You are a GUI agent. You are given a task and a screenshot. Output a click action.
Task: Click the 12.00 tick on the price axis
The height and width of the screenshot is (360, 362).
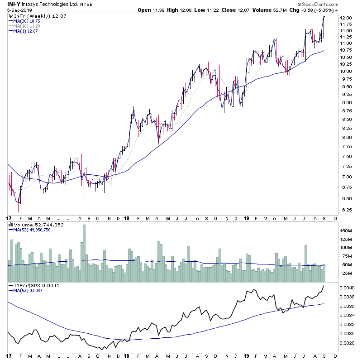pos(346,18)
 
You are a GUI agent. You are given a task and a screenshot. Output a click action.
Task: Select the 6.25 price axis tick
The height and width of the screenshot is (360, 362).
pos(346,210)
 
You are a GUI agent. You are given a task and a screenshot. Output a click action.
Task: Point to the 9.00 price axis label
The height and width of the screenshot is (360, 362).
pos(346,102)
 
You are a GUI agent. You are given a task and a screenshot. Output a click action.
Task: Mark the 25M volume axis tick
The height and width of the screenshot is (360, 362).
pos(346,274)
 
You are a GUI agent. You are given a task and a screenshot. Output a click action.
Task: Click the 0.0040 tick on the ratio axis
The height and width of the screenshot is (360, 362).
pos(347,288)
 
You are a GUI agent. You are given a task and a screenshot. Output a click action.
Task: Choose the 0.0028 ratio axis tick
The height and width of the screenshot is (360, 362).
pos(347,343)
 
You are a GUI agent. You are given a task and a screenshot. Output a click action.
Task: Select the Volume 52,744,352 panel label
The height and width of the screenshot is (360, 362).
pos(38,225)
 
